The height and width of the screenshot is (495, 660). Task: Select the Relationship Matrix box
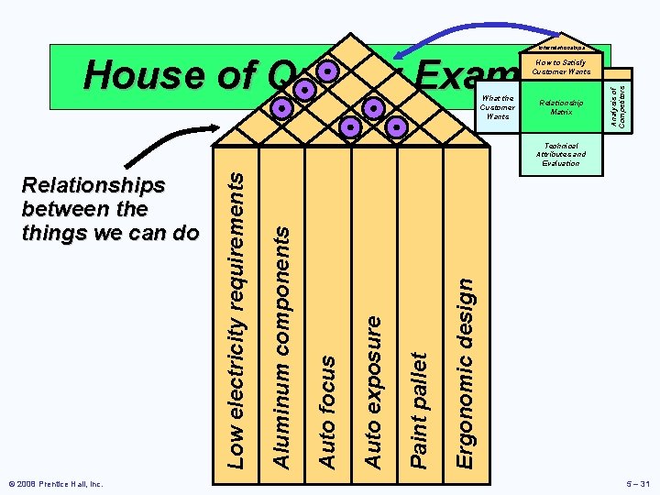click(561, 108)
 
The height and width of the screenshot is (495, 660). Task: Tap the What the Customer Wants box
click(498, 107)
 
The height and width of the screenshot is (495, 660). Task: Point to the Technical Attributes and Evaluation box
click(561, 154)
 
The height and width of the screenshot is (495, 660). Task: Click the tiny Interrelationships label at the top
click(561, 48)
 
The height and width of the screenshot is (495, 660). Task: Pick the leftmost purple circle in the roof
click(283, 108)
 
